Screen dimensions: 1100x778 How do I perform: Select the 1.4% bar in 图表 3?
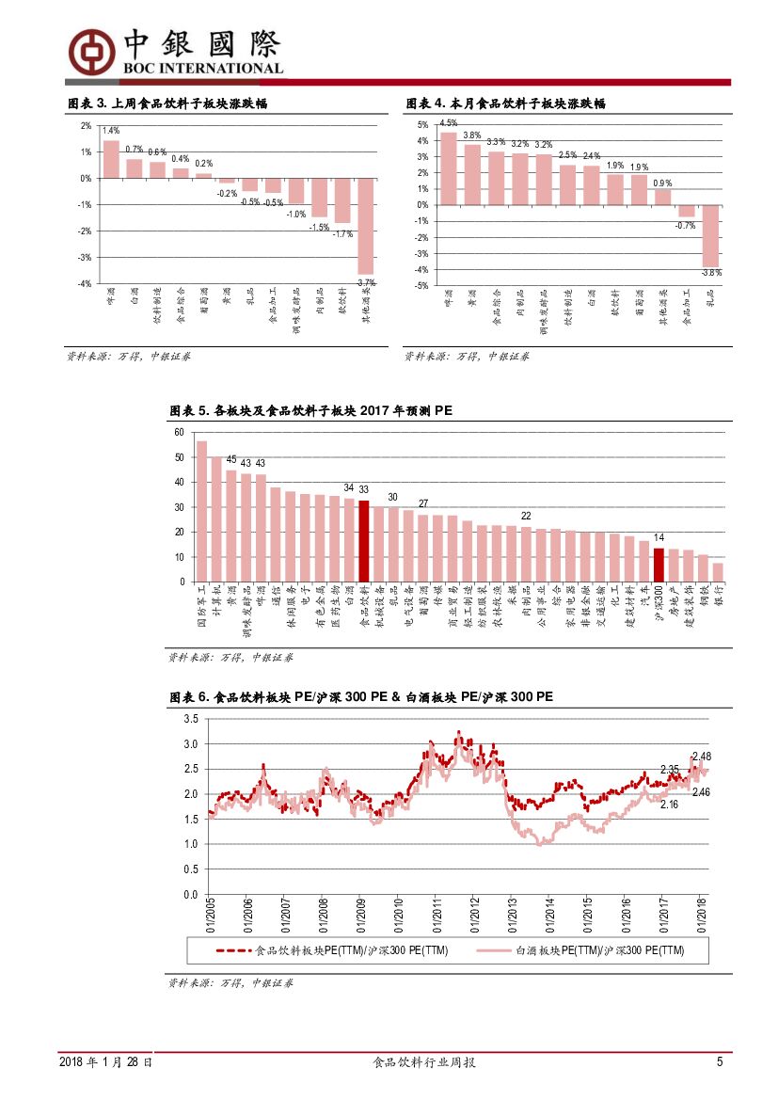pyautogui.click(x=111, y=159)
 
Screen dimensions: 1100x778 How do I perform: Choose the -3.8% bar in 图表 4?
pyautogui.click(x=710, y=235)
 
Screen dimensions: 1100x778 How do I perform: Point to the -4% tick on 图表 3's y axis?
pyautogui.click(x=86, y=283)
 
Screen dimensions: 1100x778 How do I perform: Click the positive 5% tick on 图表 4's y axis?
pyautogui.click(x=422, y=125)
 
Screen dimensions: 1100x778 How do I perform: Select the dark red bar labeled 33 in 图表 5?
pyautogui.click(x=364, y=541)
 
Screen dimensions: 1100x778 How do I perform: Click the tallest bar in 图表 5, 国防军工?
pyautogui.click(x=201, y=511)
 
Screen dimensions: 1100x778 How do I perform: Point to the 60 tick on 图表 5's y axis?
pyautogui.click(x=179, y=432)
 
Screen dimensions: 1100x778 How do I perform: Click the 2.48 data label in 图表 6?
pyautogui.click(x=701, y=757)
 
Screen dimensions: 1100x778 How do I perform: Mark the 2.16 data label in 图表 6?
pyautogui.click(x=669, y=805)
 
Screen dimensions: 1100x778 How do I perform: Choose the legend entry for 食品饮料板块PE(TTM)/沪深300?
pyautogui.click(x=334, y=951)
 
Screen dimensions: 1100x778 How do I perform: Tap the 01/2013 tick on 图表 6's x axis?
pyautogui.click(x=510, y=912)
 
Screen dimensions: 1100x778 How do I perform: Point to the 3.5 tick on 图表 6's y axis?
pyautogui.click(x=190, y=719)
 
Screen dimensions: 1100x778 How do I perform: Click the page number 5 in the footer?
pyautogui.click(x=720, y=1062)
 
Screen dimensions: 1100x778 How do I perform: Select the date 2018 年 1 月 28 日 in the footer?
pyautogui.click(x=106, y=1062)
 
